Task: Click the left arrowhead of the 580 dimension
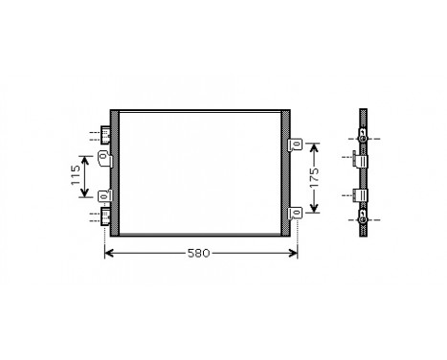(x=107, y=254)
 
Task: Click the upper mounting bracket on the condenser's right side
(x=297, y=145)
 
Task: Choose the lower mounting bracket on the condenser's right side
(x=297, y=213)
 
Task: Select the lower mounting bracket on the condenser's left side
(x=105, y=197)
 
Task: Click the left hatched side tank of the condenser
(x=115, y=174)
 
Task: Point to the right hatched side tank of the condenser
(x=285, y=174)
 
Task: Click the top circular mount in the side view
(x=362, y=136)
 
